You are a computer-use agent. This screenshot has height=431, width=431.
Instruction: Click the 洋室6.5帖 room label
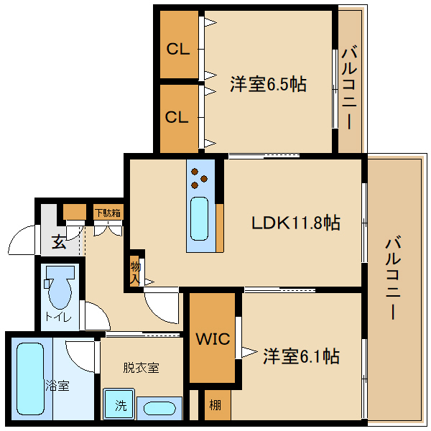[x=268, y=84]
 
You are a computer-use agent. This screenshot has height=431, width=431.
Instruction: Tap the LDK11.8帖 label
[x=295, y=223]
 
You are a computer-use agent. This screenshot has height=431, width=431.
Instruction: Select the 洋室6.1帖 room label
[x=301, y=356]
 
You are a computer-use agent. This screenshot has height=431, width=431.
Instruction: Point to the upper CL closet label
[x=177, y=50]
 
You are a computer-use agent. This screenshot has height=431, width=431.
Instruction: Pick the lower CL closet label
[x=177, y=117]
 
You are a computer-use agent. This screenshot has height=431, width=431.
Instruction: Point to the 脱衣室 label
[x=141, y=368]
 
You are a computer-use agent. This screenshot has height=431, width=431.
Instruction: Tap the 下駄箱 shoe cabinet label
[x=107, y=212]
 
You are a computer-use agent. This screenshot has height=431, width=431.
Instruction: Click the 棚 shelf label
[x=215, y=405]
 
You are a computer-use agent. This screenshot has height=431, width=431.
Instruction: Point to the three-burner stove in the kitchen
[x=199, y=177]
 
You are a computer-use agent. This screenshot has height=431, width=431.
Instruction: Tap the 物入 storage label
[x=135, y=271]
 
